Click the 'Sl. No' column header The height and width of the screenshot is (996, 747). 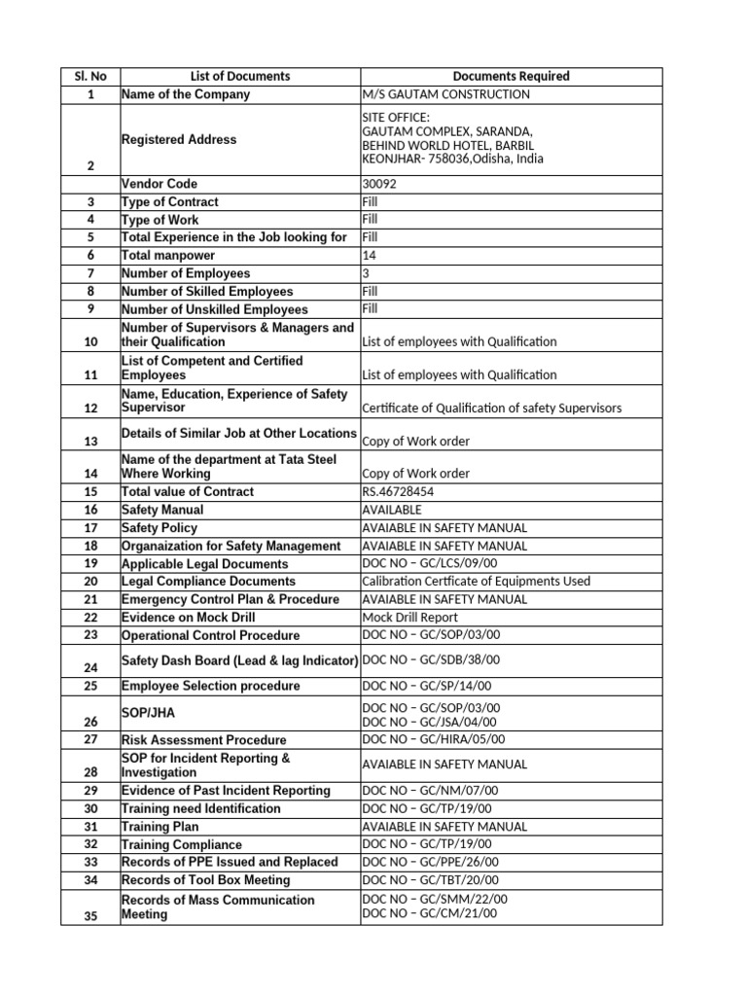pos(89,76)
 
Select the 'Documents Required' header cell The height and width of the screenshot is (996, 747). pos(511,76)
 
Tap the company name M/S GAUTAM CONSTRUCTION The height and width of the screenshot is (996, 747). pos(445,94)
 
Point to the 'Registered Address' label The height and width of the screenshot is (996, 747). pos(178,139)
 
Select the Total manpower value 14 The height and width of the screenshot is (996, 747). pos(370,255)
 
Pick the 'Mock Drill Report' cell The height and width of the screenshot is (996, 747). pos(409,618)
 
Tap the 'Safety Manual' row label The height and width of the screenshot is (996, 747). pos(162,510)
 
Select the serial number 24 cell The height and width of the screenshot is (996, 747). pos(90,668)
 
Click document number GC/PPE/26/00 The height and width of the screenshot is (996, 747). pos(430,862)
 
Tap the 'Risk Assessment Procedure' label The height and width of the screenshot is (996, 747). pos(203,740)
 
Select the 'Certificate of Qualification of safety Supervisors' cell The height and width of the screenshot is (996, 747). pos(491,409)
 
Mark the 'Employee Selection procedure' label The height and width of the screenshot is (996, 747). pos(210,686)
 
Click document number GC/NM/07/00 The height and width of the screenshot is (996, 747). pos(427,791)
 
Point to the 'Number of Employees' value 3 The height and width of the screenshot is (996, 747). pos(367,273)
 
